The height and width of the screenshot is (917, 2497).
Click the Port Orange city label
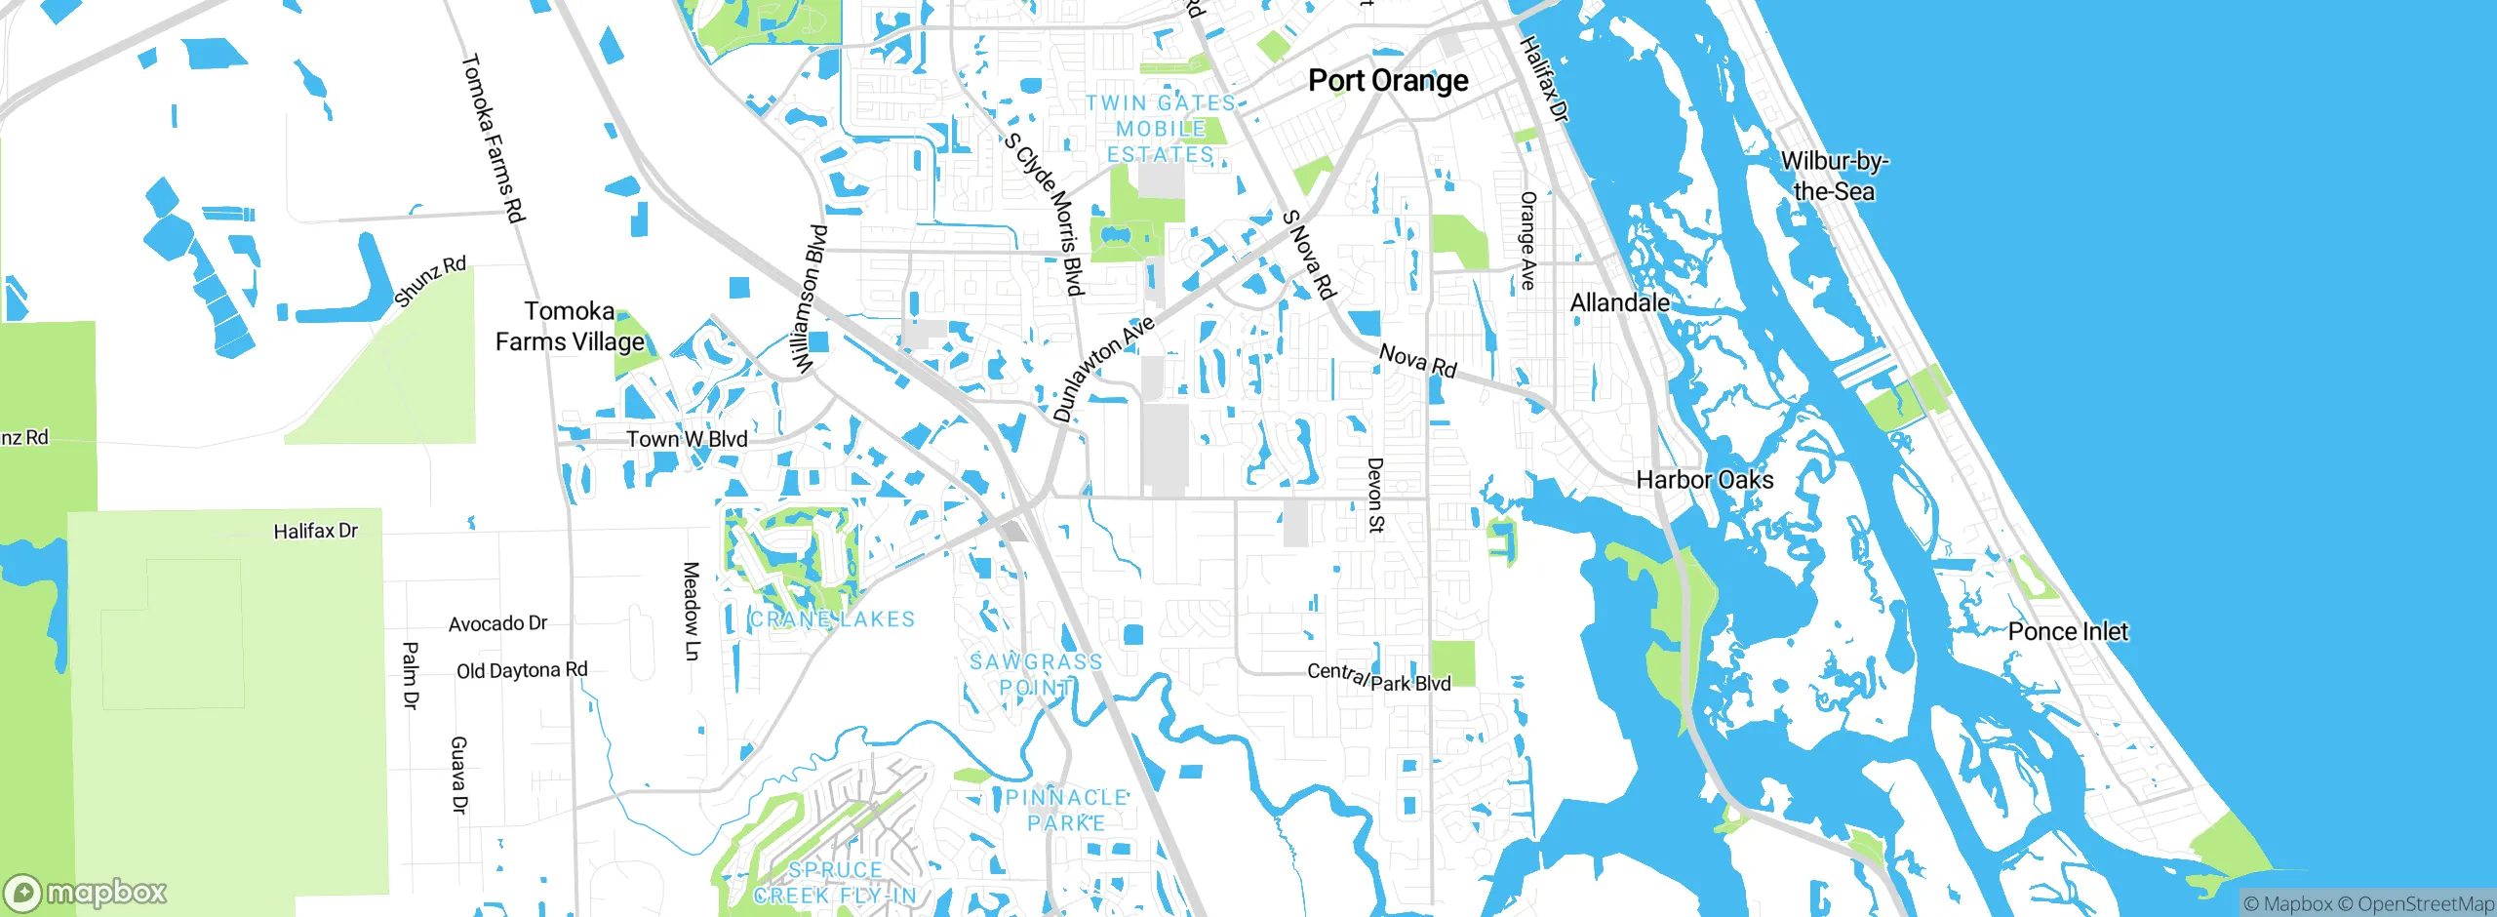pyautogui.click(x=1387, y=81)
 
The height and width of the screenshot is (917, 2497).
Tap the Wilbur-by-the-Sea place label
pyautogui.click(x=1834, y=176)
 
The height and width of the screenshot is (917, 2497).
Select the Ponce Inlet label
pyautogui.click(x=2067, y=631)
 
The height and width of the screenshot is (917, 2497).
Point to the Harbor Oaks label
pyautogui.click(x=1704, y=480)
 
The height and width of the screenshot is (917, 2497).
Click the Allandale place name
pyautogui.click(x=1619, y=303)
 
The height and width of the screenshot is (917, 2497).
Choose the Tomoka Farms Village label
pyautogui.click(x=570, y=327)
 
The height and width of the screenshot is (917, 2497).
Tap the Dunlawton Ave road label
pyautogui.click(x=1104, y=369)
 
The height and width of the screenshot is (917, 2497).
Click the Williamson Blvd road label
pyautogui.click(x=810, y=299)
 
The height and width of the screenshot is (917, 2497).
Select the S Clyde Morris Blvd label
pyautogui.click(x=1045, y=215)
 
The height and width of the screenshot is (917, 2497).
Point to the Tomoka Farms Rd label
pyautogui.click(x=493, y=139)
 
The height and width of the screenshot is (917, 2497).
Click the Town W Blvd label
pyautogui.click(x=687, y=439)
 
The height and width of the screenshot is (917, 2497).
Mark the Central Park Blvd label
pyautogui.click(x=1378, y=678)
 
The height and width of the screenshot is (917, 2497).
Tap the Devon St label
pyautogui.click(x=1375, y=496)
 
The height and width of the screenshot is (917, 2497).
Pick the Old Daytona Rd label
pyautogui.click(x=522, y=671)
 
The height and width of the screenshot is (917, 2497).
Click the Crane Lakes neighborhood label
pyautogui.click(x=832, y=619)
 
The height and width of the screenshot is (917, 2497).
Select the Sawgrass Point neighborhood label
pyautogui.click(x=1036, y=674)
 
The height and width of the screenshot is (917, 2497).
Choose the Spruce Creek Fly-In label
pyautogui.click(x=836, y=883)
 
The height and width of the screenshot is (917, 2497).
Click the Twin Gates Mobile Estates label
pyautogui.click(x=1161, y=129)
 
